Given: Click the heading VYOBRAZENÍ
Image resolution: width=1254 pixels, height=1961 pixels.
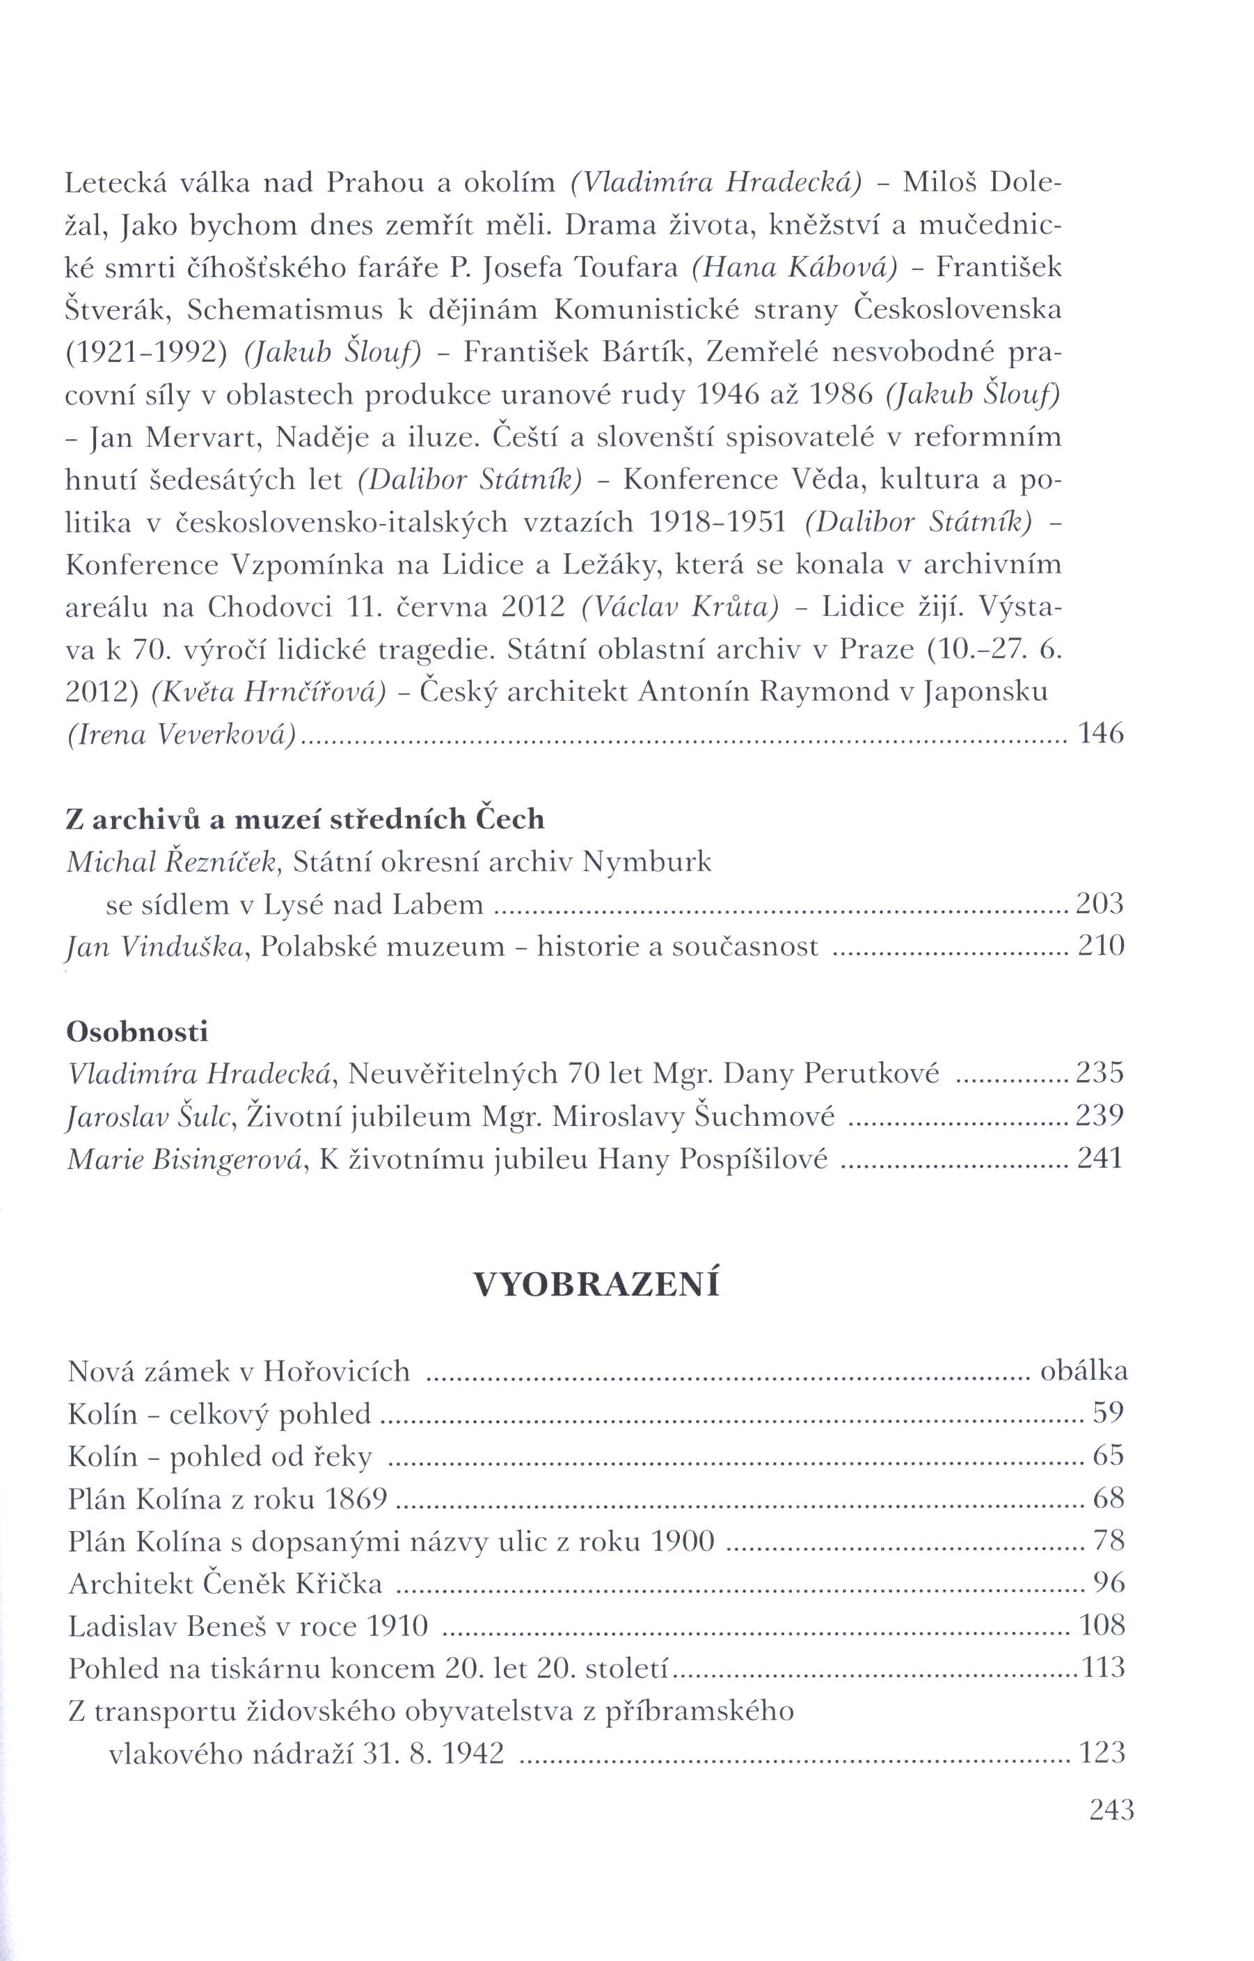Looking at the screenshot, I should [596, 1285].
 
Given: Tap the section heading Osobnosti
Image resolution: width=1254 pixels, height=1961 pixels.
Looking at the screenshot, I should [137, 1032].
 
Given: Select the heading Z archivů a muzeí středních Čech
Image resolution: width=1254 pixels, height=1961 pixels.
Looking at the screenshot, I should [305, 818].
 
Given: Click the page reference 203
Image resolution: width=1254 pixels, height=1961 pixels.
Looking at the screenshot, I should [1100, 903].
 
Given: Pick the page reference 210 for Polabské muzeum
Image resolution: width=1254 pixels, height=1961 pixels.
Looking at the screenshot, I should [1100, 946].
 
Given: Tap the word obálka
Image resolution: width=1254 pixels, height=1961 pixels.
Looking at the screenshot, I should [1084, 1372].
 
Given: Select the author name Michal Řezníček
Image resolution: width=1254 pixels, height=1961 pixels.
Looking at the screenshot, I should [173, 862].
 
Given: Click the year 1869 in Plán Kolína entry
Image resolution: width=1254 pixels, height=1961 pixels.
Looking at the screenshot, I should [355, 1498].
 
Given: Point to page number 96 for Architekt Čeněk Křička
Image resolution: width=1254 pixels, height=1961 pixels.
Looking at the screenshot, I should [1109, 1582].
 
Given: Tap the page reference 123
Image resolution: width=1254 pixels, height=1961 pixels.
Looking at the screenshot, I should [1102, 1752].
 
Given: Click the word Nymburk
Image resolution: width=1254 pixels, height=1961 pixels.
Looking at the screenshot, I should [646, 862].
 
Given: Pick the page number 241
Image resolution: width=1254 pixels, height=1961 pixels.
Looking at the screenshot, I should [1100, 1158].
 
